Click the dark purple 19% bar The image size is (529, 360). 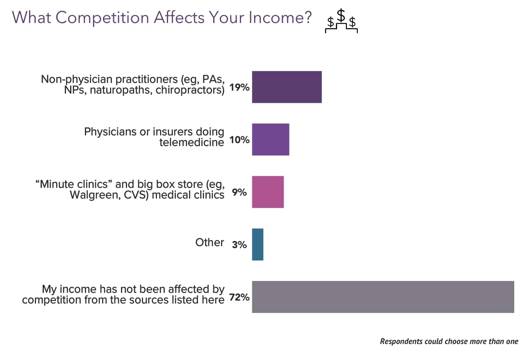287,87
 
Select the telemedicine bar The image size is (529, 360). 270,139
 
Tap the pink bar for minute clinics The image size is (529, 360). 268,192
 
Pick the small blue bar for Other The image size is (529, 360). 258,244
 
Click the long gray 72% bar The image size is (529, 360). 383,297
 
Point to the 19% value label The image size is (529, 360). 239,87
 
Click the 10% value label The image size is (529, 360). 239,140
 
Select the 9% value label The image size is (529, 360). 239,192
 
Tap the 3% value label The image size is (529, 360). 239,245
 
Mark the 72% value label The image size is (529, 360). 239,297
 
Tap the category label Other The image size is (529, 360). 210,242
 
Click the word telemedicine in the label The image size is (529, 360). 192,142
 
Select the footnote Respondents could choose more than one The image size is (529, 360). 449,341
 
